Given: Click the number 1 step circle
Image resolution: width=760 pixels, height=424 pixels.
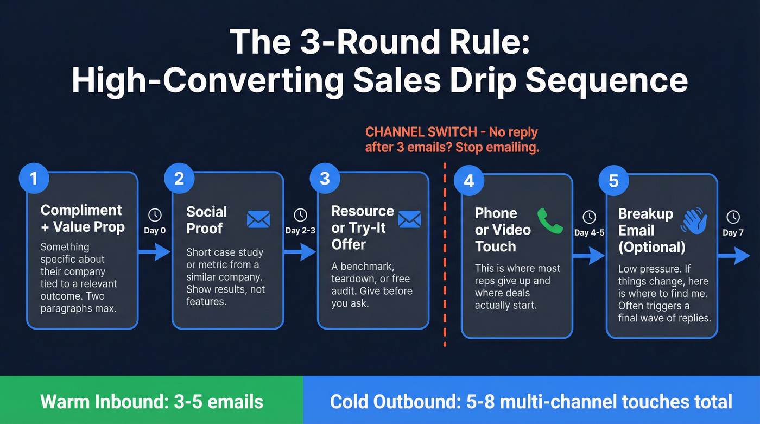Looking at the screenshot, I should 34,179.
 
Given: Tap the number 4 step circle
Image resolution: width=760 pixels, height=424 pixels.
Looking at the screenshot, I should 468,180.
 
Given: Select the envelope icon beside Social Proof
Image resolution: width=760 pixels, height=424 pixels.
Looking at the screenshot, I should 258,219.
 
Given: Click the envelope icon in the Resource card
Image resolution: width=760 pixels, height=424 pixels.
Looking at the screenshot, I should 409,219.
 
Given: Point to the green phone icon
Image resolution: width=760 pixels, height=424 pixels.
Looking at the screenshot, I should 549,220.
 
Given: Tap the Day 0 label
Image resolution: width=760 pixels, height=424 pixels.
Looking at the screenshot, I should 155,230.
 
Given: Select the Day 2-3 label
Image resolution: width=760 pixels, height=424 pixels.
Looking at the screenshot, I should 300,230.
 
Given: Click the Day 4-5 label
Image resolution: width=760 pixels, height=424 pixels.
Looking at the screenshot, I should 589,232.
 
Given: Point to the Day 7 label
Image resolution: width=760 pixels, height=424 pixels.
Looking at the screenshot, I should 733,232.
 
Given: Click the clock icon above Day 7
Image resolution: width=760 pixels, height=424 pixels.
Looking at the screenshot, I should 733,217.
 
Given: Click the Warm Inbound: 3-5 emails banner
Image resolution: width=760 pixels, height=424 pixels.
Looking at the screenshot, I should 151,402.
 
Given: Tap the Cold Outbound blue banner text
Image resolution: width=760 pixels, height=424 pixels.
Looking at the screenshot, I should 531,402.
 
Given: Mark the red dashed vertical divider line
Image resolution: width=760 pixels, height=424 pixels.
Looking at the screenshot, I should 445,255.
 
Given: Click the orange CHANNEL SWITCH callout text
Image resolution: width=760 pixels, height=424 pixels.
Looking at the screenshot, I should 452,140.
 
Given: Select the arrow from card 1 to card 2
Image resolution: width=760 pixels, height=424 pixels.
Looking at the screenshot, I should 155,251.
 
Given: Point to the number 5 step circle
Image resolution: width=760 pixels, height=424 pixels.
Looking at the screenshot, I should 613,180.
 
